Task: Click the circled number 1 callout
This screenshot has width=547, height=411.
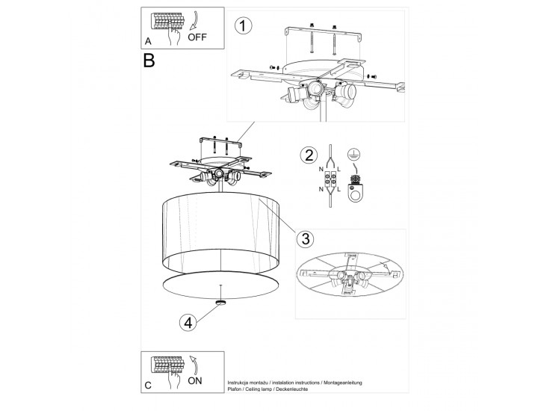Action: (x=243, y=26)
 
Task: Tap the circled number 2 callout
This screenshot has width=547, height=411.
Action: (x=309, y=155)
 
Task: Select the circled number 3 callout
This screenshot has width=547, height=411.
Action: (x=305, y=239)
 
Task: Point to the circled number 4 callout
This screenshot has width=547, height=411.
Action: (x=188, y=323)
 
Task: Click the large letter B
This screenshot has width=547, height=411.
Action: (x=149, y=61)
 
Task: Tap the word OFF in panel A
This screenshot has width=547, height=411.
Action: (x=197, y=37)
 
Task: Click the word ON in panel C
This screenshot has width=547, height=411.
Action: (x=194, y=380)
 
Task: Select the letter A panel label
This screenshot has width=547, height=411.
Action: (x=148, y=41)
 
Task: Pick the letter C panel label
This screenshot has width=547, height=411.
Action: (x=148, y=385)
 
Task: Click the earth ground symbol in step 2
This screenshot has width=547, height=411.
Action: (x=353, y=154)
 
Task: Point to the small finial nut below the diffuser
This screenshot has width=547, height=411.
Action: (x=220, y=303)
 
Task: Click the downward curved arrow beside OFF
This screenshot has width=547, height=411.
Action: (x=194, y=21)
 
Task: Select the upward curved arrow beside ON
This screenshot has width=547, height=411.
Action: (x=194, y=365)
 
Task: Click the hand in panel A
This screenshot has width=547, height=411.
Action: (x=173, y=34)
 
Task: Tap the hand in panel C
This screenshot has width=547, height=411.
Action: (x=173, y=378)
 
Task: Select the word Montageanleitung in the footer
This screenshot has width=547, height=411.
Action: (x=343, y=383)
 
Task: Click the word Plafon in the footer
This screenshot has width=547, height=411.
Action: (x=235, y=389)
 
